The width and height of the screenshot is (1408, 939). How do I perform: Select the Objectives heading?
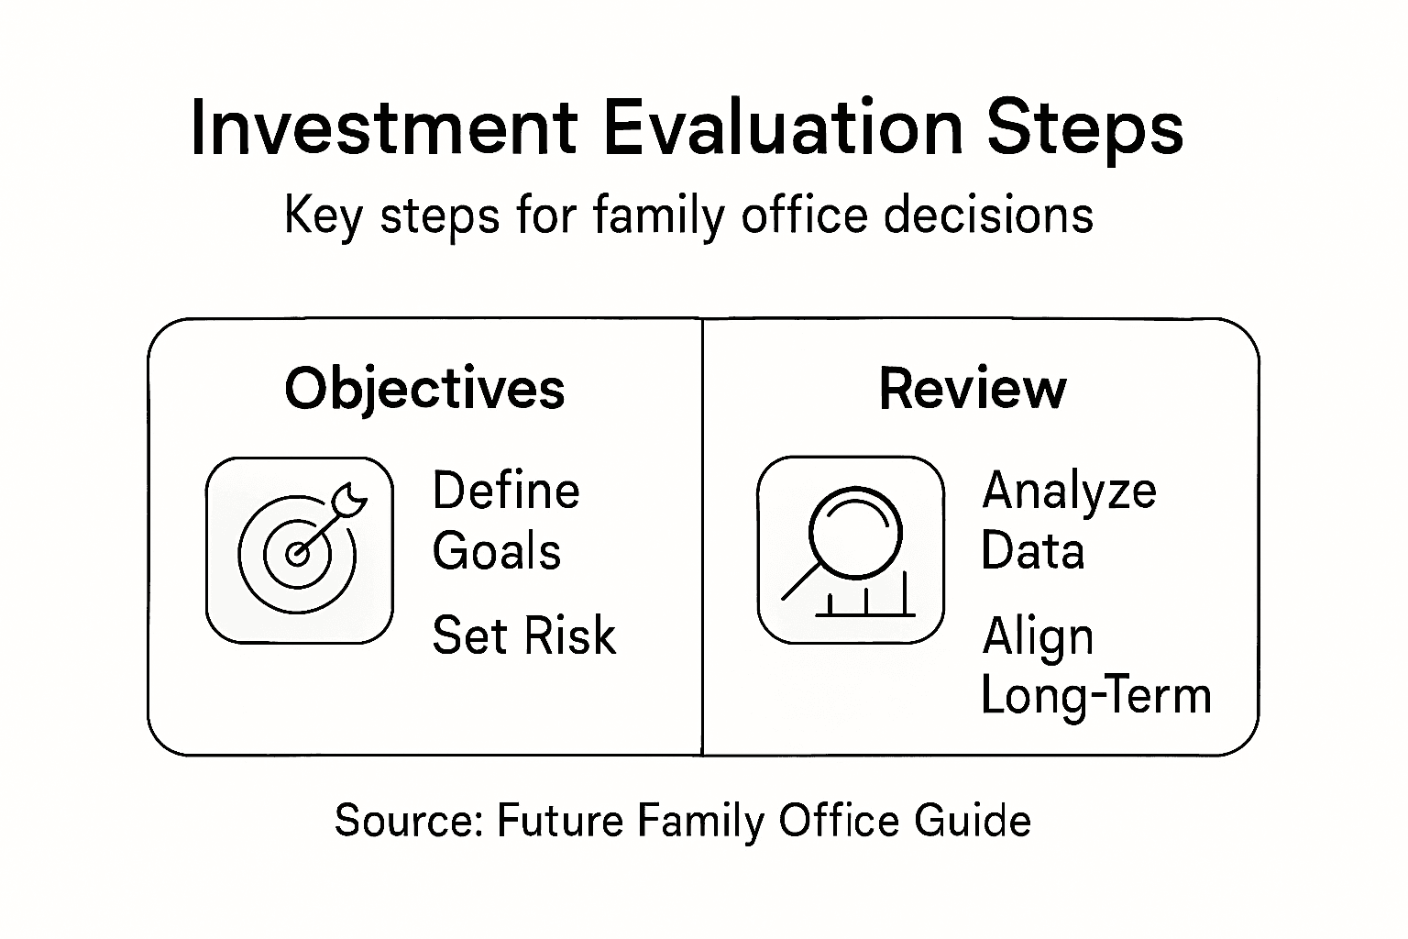424,388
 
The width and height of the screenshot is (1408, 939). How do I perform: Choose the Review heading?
973,388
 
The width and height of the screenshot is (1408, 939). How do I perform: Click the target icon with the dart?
300,550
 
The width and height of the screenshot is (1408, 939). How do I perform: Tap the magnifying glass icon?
850,550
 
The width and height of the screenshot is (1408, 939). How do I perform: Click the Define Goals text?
505,520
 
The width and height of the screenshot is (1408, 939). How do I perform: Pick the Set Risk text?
523,635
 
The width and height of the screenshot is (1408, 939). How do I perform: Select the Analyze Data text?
1068,520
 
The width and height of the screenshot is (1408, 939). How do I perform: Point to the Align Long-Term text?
1095,665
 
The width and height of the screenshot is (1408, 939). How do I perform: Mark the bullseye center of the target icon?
295,554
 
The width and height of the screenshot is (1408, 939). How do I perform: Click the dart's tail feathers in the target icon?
351,498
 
